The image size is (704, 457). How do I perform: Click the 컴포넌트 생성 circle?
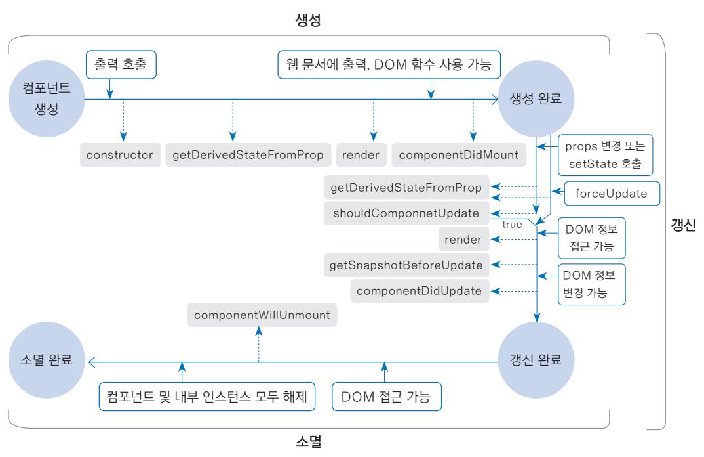point(47,99)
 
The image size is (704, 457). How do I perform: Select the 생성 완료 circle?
point(536,99)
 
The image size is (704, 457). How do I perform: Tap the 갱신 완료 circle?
point(536,360)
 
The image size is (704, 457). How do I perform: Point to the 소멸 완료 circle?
point(47,360)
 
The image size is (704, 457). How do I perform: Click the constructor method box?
point(120,155)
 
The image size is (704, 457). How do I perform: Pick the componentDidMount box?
point(459,155)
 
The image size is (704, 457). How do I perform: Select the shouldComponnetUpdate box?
point(406,213)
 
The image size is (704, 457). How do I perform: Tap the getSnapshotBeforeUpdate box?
point(406,265)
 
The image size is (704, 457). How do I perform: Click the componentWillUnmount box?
point(262,315)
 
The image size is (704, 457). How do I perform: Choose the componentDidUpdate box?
point(420,291)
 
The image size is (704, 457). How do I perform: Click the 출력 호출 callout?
point(121,65)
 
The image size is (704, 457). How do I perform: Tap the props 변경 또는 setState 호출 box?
point(605,156)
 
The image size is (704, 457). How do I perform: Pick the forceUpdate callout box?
point(611,194)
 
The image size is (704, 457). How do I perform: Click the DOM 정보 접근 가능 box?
point(591,238)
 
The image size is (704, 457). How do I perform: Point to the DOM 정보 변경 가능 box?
point(591,284)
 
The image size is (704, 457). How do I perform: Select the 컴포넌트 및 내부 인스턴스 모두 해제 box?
point(207,397)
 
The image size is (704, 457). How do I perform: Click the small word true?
point(512,225)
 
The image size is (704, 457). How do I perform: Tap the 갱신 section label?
point(683,226)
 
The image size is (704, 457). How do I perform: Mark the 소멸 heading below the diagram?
point(308,442)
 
